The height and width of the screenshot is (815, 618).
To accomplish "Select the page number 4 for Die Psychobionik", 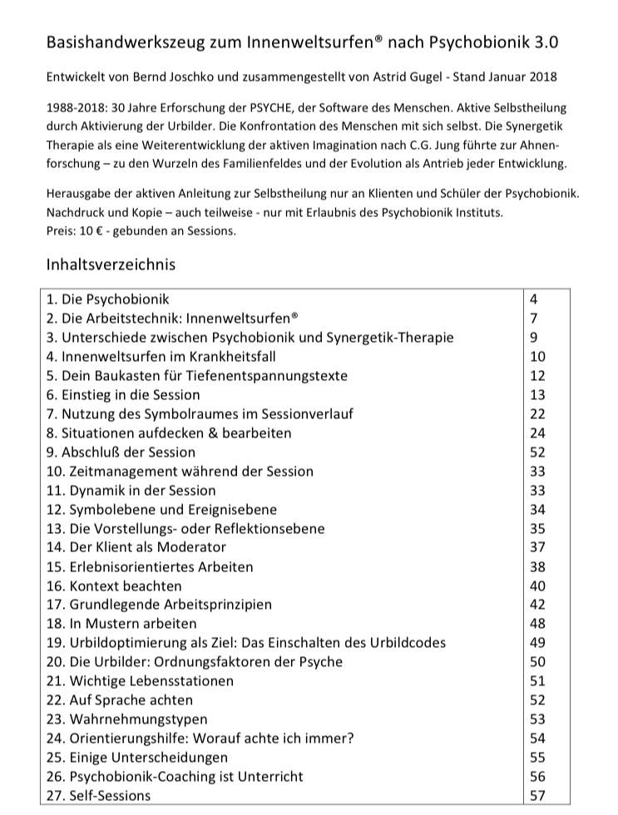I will pos(533,299).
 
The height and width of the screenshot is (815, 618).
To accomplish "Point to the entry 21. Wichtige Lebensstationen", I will pos(140,681).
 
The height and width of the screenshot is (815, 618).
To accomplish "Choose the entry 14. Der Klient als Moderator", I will pos(136,547).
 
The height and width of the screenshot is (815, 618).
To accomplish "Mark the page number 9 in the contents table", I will pos(533,337).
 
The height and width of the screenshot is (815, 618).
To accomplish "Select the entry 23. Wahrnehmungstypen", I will pos(127,719).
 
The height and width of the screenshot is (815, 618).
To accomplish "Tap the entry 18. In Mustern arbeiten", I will pos(122,624).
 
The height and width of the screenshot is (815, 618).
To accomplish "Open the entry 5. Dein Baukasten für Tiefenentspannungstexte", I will pos(197,375).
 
